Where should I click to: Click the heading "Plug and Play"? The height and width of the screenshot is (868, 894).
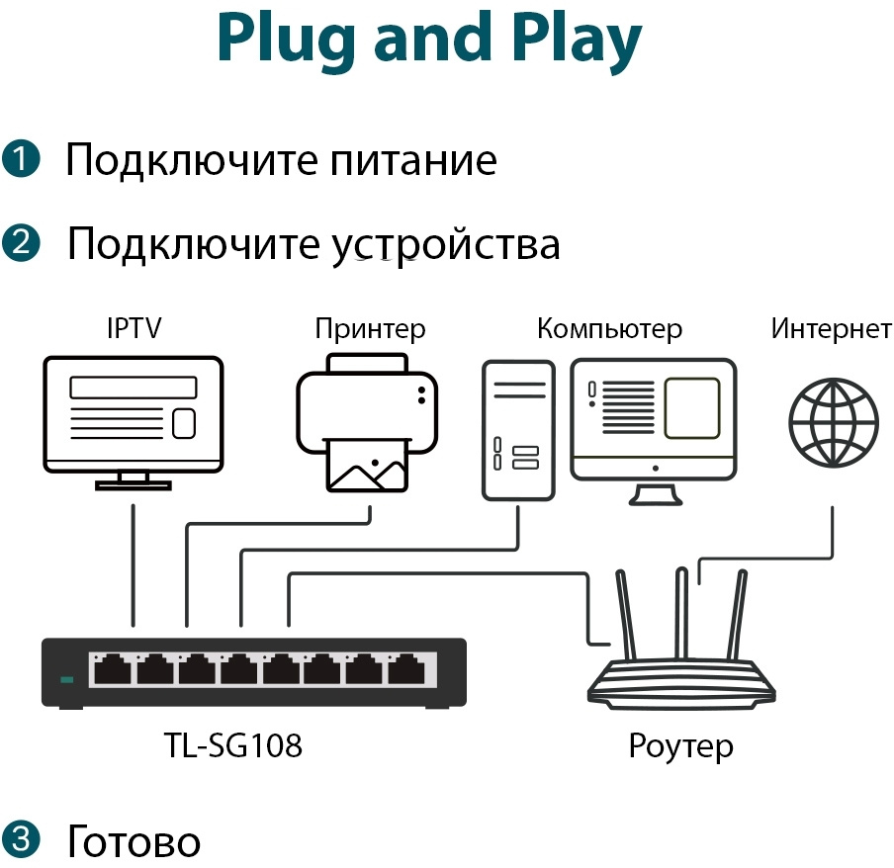429,40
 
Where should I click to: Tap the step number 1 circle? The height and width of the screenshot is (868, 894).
21,159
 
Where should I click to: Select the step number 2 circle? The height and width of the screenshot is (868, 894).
21,242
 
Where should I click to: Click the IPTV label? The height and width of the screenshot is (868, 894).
134,328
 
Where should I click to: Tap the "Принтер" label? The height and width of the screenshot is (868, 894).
370,328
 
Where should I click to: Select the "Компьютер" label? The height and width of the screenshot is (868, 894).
609,328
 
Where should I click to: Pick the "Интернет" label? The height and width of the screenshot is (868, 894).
831,328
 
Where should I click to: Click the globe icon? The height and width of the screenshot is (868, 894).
833,423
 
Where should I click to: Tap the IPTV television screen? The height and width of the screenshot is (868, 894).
134,411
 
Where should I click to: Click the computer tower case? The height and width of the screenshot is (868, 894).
517,429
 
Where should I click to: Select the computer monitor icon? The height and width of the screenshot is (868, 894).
654,419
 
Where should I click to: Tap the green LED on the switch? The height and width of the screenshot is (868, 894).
67,679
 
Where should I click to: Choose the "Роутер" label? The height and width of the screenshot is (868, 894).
680,745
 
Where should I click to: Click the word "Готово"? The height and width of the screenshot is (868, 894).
134,841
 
